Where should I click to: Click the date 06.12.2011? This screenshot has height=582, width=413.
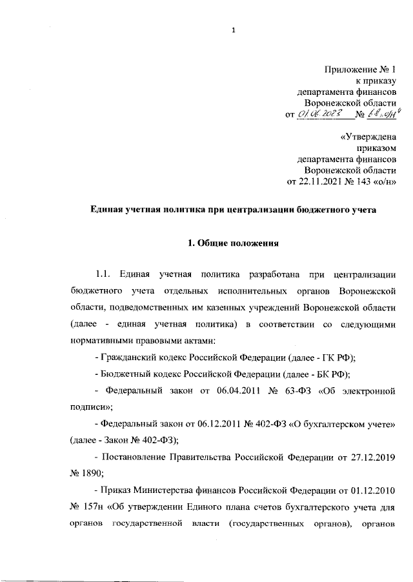[195, 423]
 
